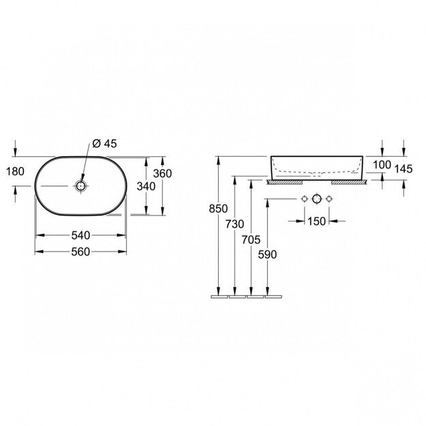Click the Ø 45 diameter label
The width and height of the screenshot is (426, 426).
pyautogui.click(x=104, y=143)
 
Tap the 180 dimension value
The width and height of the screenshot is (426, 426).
pyautogui.click(x=15, y=172)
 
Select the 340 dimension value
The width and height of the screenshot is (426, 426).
pyautogui.click(x=146, y=186)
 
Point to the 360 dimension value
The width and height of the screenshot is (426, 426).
pyautogui.click(x=162, y=174)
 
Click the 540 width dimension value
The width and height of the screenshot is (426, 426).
pyautogui.click(x=80, y=235)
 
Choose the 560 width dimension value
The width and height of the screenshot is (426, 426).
pyautogui.click(x=80, y=252)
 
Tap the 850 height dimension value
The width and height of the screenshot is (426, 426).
pyautogui.click(x=218, y=209)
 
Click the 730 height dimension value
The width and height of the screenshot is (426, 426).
pyautogui.click(x=234, y=224)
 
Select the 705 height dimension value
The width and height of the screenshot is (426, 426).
pyautogui.click(x=251, y=240)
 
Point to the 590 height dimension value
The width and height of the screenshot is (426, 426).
pyautogui.click(x=268, y=254)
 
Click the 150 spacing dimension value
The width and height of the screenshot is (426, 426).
pyautogui.click(x=316, y=221)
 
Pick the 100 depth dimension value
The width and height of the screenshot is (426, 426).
pyautogui.click(x=382, y=165)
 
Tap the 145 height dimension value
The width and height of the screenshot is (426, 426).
pyautogui.click(x=404, y=169)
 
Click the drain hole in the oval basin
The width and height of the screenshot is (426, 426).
pyautogui.click(x=80, y=186)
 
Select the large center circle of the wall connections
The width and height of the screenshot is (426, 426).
pyautogui.click(x=316, y=199)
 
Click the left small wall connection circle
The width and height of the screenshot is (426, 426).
pyautogui.click(x=305, y=199)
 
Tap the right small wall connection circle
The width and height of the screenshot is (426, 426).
pyautogui.click(x=329, y=199)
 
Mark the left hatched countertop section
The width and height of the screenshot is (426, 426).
pyautogui.click(x=284, y=182)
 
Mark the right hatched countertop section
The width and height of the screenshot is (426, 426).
pyautogui.click(x=349, y=182)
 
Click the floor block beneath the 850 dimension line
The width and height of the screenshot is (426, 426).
pyautogui.click(x=219, y=296)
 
